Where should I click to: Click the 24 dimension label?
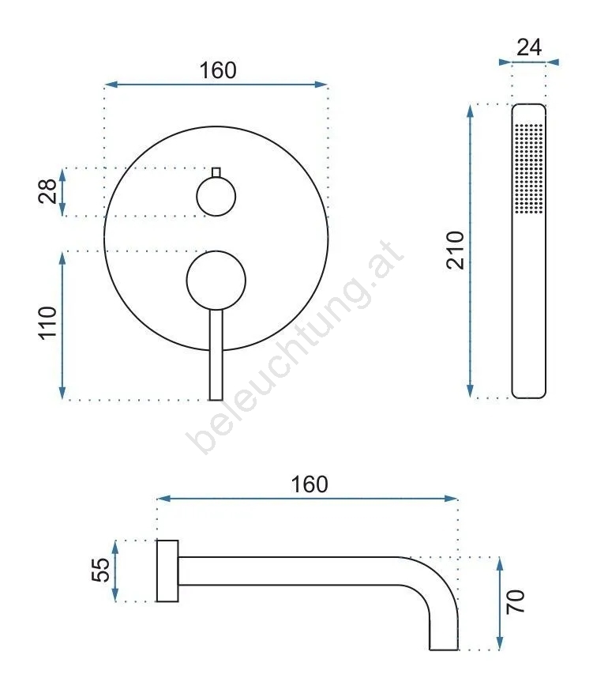(529, 47)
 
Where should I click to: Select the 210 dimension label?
(456, 251)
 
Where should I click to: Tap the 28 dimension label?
(47, 191)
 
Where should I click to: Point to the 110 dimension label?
(47, 323)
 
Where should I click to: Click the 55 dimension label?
(101, 570)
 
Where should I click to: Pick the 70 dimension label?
(516, 602)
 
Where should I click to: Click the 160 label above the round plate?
(218, 70)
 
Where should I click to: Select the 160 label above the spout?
(310, 484)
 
